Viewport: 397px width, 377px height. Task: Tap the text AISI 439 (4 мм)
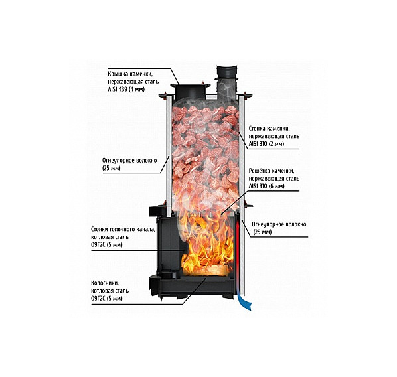(x=126, y=90)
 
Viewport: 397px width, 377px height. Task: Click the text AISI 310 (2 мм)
(x=266, y=144)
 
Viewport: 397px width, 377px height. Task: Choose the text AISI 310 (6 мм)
(x=266, y=186)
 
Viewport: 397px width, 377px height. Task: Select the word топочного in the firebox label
(x=123, y=230)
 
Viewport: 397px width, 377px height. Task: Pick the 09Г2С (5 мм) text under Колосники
(x=107, y=298)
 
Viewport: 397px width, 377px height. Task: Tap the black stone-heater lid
(x=190, y=91)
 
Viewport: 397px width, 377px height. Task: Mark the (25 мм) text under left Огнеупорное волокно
(x=111, y=168)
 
